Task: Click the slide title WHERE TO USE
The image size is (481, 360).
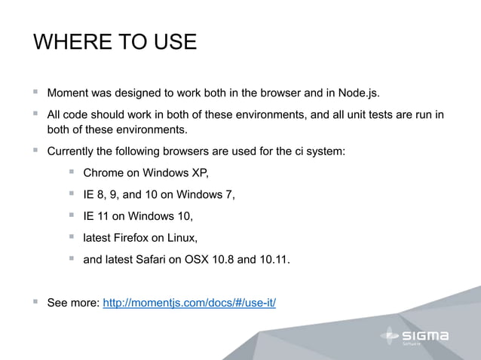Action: click(115, 41)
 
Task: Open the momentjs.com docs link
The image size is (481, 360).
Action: click(189, 304)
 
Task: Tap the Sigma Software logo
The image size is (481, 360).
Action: click(414, 336)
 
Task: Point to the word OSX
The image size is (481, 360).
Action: click(195, 261)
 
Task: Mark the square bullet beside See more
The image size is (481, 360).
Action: click(35, 302)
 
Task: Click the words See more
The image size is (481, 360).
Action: click(72, 304)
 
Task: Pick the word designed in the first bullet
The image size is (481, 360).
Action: click(140, 93)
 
